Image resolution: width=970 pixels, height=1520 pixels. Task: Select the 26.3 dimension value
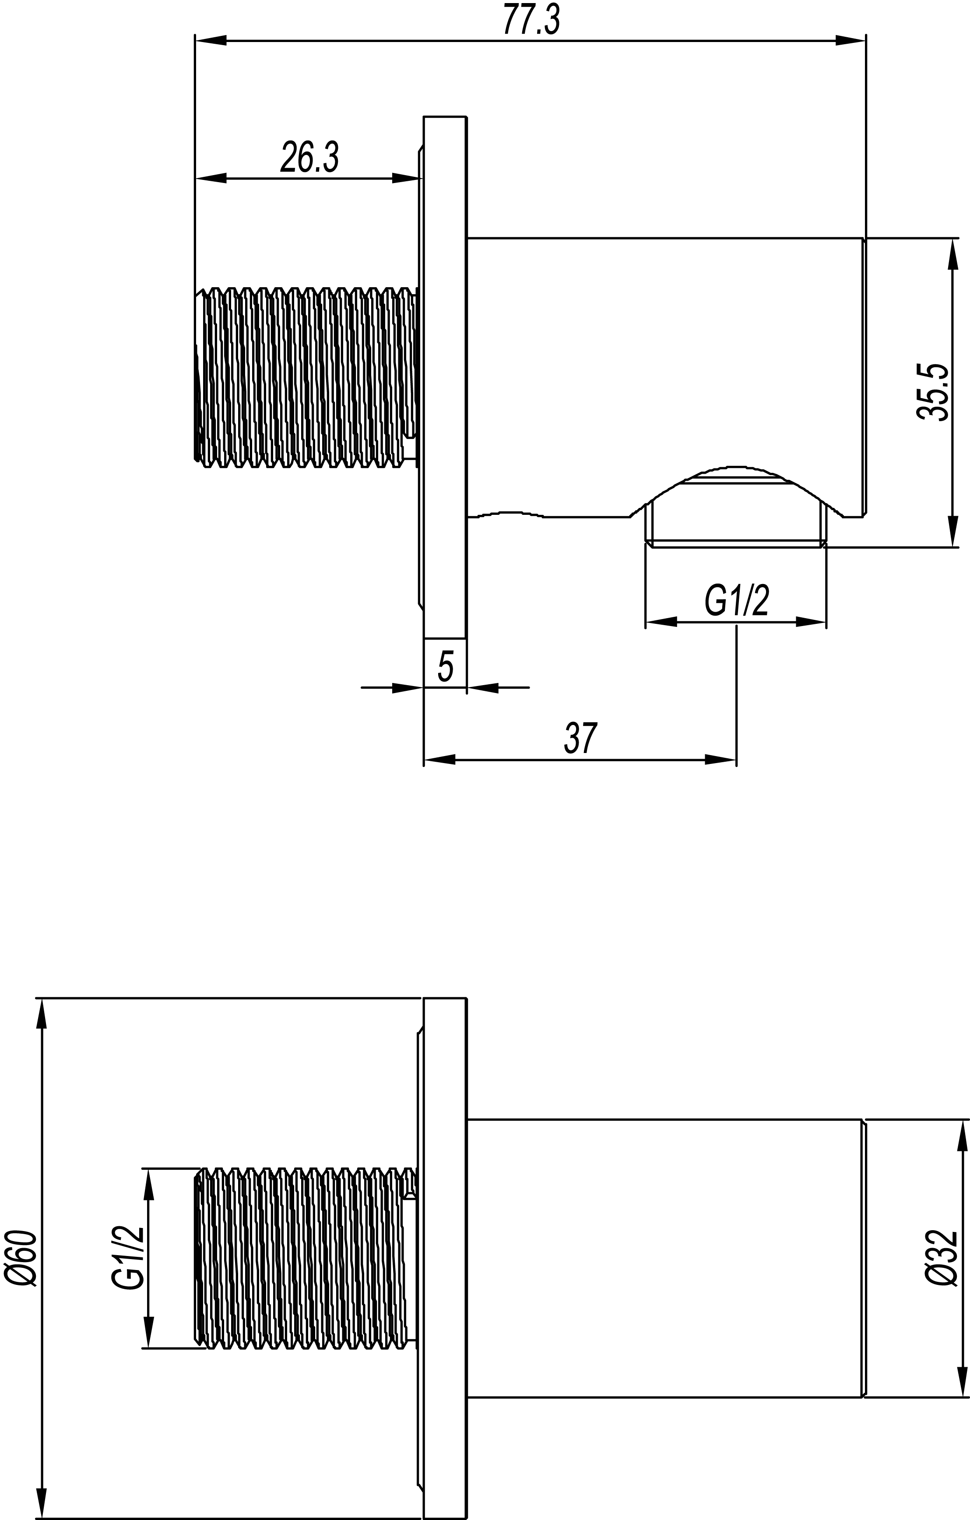pyautogui.click(x=309, y=157)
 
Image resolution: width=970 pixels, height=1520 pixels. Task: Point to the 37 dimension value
pyautogui.click(x=580, y=738)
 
